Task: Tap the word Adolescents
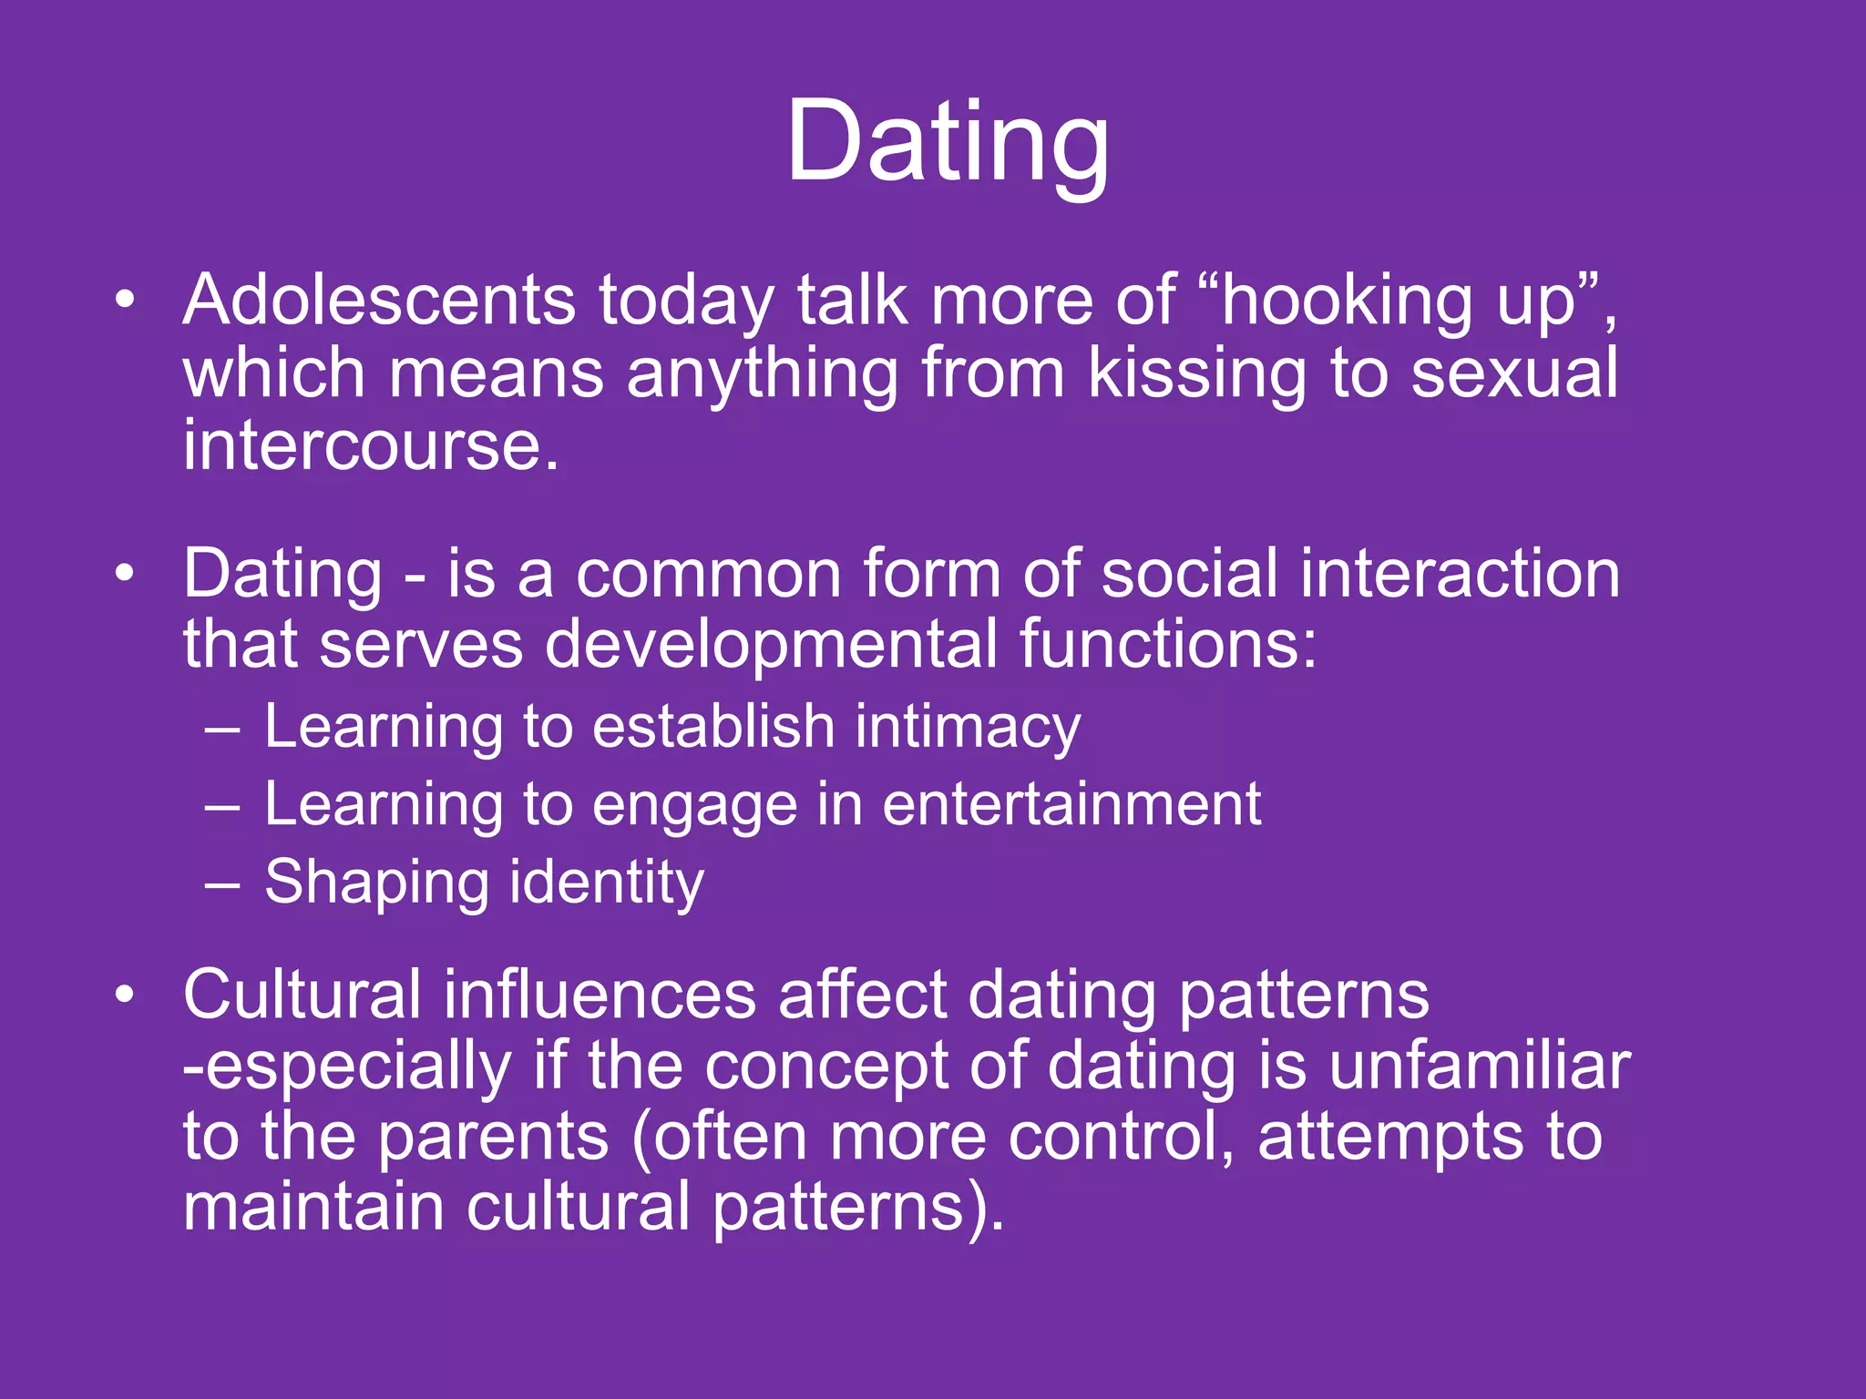(379, 301)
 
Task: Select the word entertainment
(1071, 805)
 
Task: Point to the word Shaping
(377, 883)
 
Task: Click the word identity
(607, 883)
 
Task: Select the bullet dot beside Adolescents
(125, 301)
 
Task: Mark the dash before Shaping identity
(223, 884)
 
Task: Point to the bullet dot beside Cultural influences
(125, 996)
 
